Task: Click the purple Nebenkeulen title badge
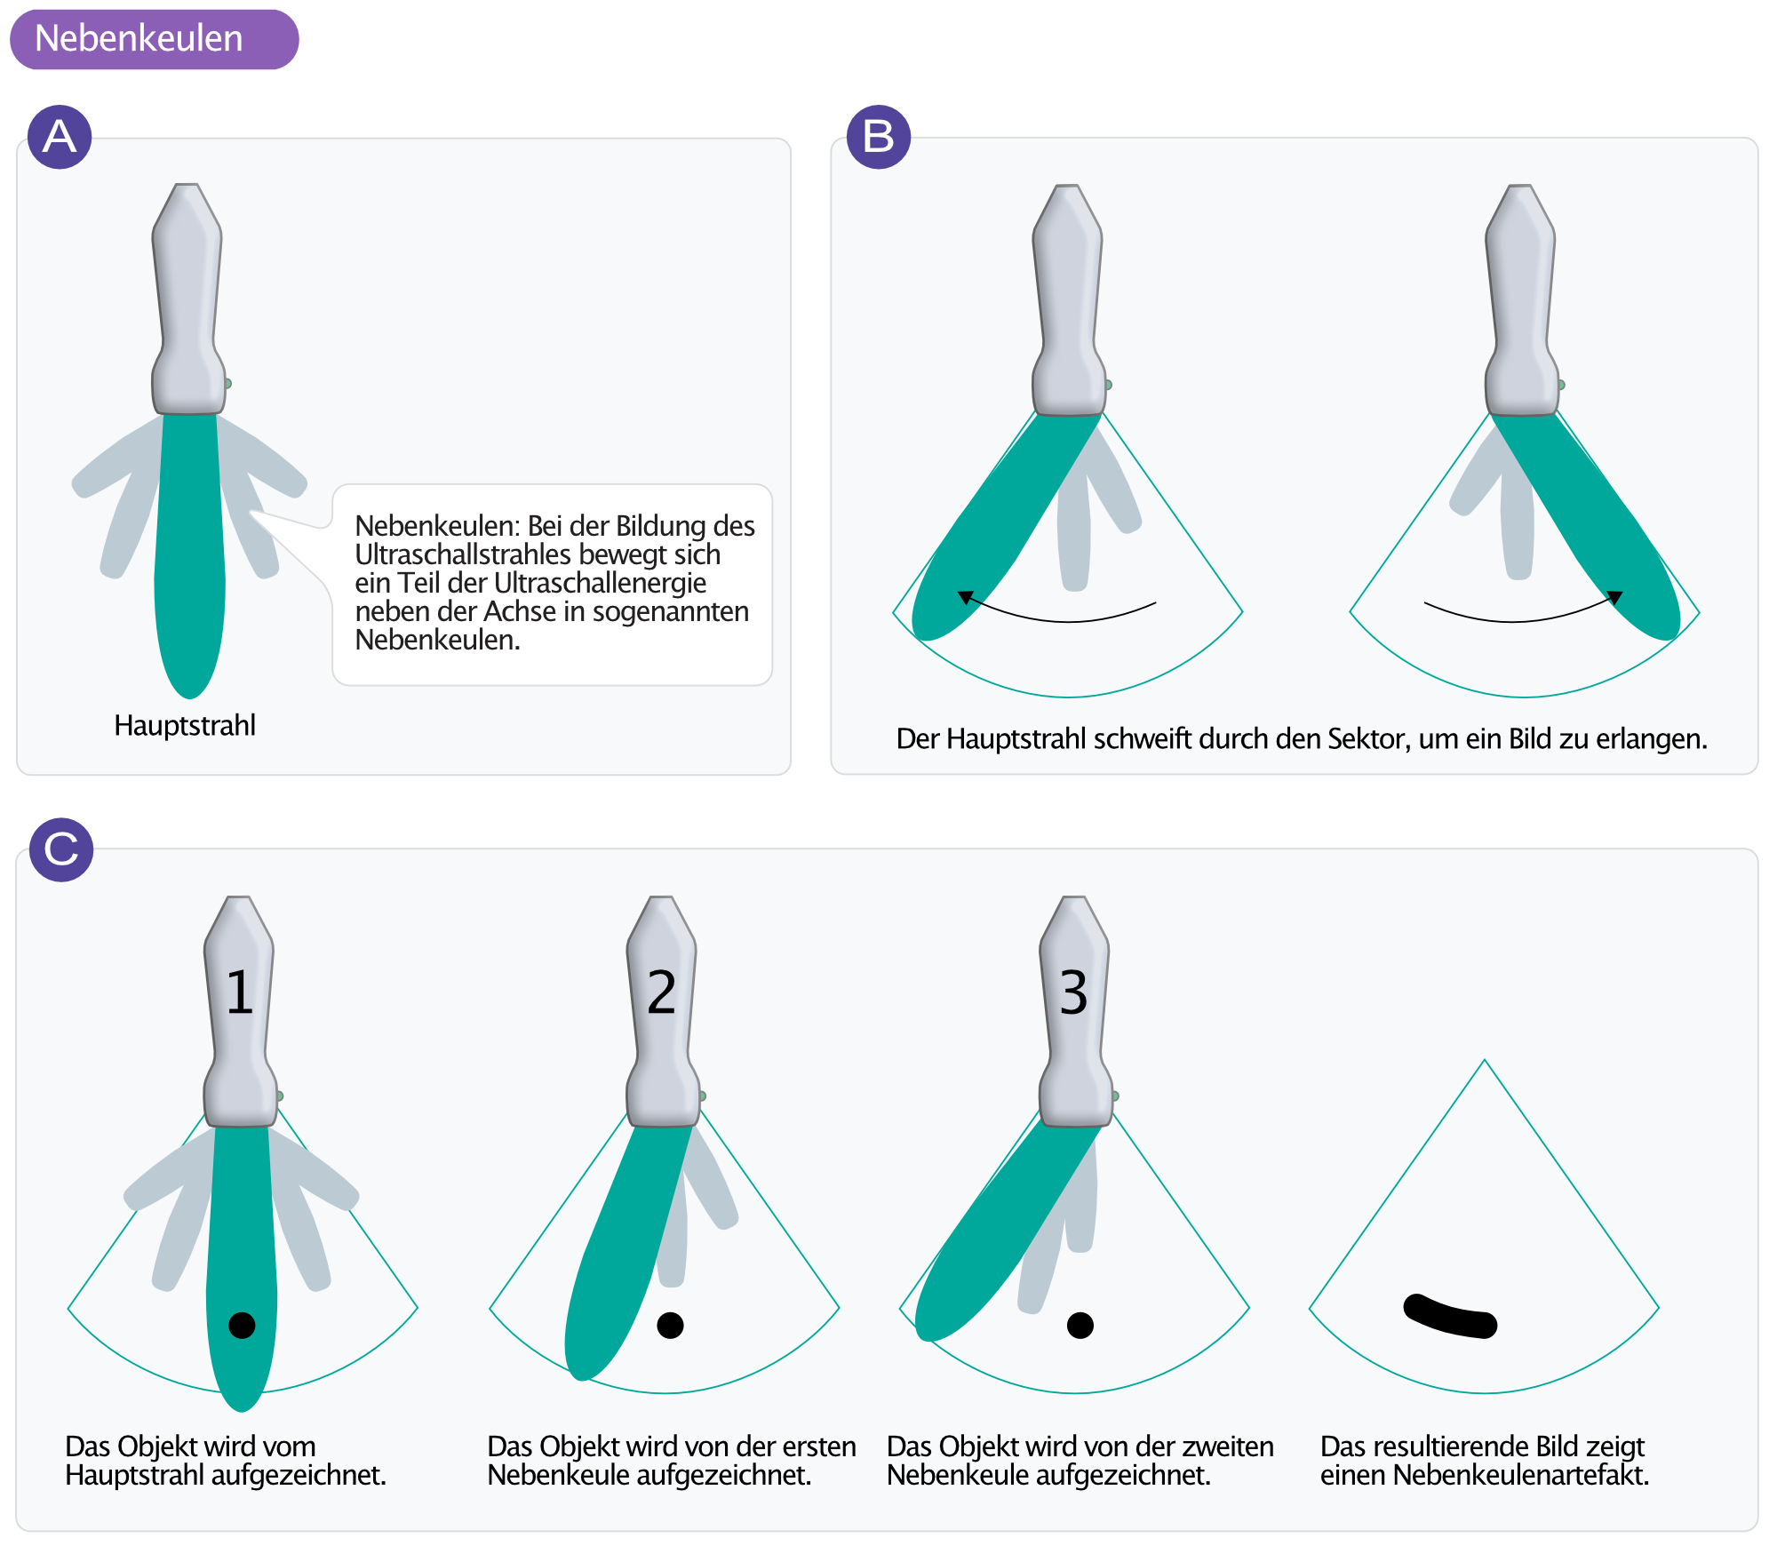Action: [154, 39]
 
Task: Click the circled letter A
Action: [60, 137]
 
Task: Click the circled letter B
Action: [879, 137]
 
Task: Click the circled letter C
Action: [61, 849]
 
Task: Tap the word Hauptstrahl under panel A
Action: [185, 725]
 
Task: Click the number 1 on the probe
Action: [239, 992]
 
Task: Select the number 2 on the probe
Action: [662, 992]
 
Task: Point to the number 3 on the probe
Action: [1073, 992]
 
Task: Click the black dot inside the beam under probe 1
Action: [242, 1325]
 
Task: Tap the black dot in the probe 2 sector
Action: [670, 1325]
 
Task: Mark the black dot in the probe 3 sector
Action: [1080, 1325]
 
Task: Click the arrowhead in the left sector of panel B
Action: [965, 597]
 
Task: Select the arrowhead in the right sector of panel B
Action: [1615, 597]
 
